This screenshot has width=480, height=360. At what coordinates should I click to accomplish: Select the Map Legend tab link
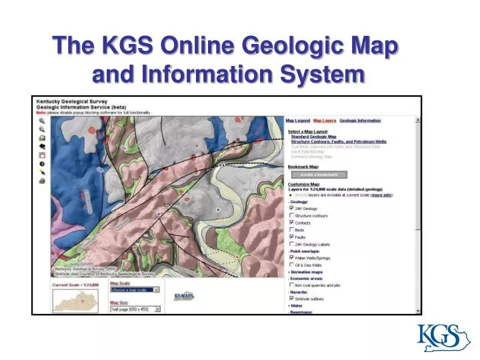click(x=297, y=121)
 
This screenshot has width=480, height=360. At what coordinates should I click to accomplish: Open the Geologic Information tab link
click(x=360, y=121)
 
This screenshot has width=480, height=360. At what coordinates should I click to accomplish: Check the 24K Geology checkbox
click(x=291, y=208)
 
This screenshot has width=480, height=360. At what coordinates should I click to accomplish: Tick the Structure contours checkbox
click(x=291, y=215)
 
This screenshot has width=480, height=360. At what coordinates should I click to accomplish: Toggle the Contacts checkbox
click(x=291, y=223)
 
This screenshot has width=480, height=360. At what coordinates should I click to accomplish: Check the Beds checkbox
click(x=291, y=230)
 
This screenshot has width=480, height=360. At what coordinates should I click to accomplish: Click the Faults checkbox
click(x=291, y=237)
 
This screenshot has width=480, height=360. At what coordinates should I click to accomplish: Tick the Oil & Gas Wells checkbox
click(x=291, y=265)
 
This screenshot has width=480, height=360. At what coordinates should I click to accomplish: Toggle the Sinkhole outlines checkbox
click(x=291, y=298)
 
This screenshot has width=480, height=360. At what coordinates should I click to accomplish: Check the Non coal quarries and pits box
click(x=291, y=285)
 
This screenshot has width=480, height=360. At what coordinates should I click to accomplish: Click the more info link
click(x=382, y=195)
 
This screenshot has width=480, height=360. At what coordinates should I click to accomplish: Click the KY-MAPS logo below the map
click(x=184, y=296)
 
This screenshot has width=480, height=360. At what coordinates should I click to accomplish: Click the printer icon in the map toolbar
click(x=42, y=181)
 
